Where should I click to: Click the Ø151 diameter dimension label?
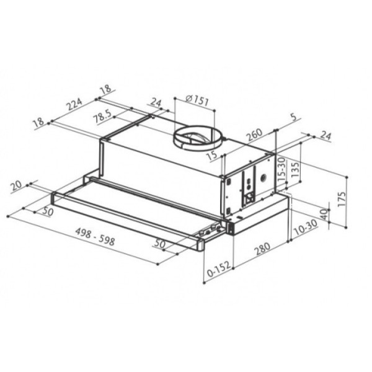click(197, 100)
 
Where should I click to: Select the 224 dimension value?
click(74, 104)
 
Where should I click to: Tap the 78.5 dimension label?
click(103, 116)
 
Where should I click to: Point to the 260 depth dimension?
click(255, 135)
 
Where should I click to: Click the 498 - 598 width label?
click(95, 237)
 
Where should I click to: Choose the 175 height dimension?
click(342, 199)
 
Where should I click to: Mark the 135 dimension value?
click(295, 169)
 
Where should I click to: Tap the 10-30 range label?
click(306, 228)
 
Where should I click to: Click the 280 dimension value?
click(262, 248)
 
